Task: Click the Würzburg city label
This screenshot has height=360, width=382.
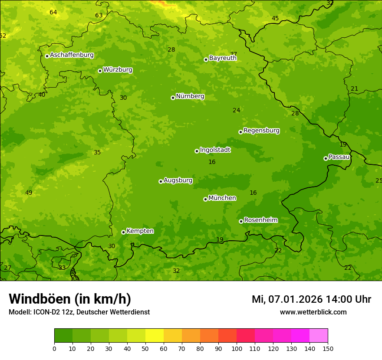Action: pyautogui.click(x=118, y=70)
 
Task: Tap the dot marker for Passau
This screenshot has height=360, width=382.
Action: pyautogui.click(x=326, y=158)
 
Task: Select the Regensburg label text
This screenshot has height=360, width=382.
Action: pyautogui.click(x=261, y=131)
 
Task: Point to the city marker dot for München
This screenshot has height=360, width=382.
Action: pyautogui.click(x=205, y=199)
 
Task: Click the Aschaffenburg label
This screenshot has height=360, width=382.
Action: pyautogui.click(x=72, y=55)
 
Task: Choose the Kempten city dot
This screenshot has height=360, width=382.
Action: pyautogui.click(x=123, y=232)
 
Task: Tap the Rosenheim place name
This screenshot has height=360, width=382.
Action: pyautogui.click(x=261, y=220)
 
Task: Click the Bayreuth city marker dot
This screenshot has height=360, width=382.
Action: pyautogui.click(x=206, y=59)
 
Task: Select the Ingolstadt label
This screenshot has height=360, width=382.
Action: pyautogui.click(x=215, y=150)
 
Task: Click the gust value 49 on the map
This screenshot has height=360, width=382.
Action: pyautogui.click(x=29, y=193)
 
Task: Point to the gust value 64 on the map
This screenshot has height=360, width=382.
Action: pyautogui.click(x=53, y=12)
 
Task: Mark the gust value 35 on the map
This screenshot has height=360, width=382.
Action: pyautogui.click(x=97, y=152)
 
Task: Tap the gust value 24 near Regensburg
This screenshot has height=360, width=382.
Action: pyautogui.click(x=236, y=110)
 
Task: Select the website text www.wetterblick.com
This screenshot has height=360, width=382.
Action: pyautogui.click(x=313, y=312)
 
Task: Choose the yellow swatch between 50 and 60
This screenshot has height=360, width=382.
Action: pyautogui.click(x=155, y=336)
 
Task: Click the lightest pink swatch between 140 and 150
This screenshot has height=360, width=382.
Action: pyautogui.click(x=319, y=336)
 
